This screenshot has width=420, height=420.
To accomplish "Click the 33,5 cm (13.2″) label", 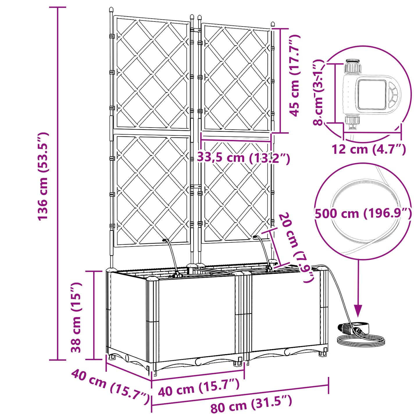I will pos(244,158).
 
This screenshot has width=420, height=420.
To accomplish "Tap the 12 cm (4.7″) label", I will pos(369,149).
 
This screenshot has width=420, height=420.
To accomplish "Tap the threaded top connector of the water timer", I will pos(353,67).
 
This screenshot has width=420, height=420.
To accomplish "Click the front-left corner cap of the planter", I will pos(152,279).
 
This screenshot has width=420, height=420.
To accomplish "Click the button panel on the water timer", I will pos(393,94).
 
